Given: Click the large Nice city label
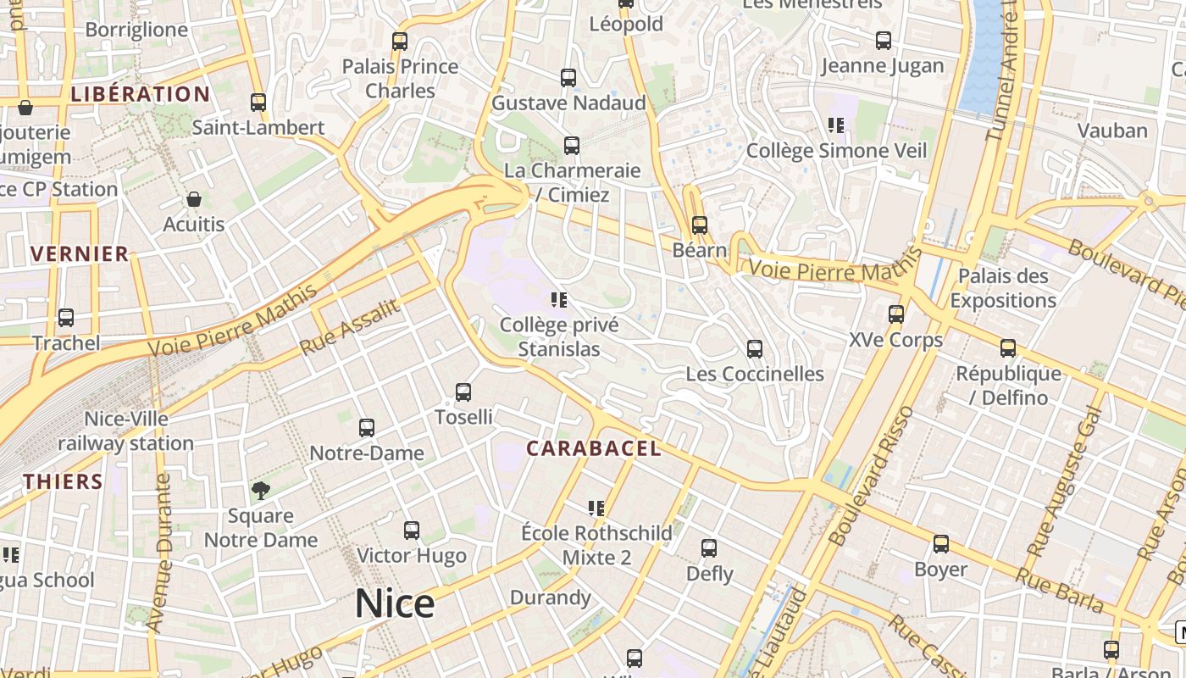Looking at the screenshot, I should point(394,603).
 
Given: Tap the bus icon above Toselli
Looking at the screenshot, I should point(463,392).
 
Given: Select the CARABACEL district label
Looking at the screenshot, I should point(593,448).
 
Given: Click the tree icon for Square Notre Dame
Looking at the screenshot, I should point(261,490).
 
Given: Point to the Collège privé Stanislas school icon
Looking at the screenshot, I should point(558,300).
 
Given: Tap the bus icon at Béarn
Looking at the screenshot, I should point(699,225).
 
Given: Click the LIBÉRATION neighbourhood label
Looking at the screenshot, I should point(140,94).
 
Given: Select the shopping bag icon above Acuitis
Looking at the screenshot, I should point(194,200).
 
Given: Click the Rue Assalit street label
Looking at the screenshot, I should point(349,327).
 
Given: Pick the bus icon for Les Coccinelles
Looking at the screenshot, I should point(754,349).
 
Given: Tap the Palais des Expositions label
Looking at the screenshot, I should point(1003,288).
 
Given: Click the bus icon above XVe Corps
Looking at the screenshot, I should point(896,315).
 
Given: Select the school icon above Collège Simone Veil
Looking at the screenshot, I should point(836,126).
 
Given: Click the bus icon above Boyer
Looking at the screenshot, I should point(940,545).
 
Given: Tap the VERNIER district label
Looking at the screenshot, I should point(80,253).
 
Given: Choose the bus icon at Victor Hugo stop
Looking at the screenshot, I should point(412,531).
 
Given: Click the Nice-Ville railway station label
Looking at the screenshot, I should point(126,431).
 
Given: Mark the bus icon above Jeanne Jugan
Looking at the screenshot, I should point(883,41).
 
